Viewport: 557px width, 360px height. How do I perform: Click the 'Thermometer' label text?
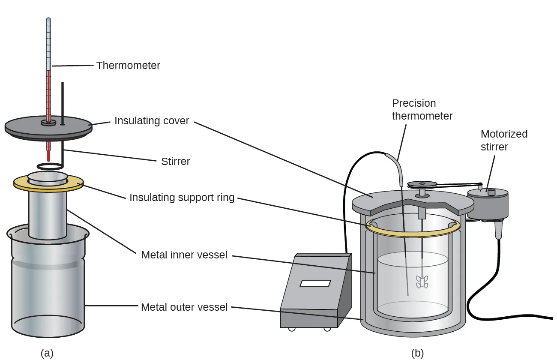[128, 66]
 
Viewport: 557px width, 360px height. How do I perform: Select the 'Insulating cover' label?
[152, 121]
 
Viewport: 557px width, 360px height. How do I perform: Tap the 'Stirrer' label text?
[175, 162]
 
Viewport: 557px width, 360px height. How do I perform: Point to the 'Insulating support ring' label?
[182, 198]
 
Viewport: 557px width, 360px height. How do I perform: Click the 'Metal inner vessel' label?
[184, 255]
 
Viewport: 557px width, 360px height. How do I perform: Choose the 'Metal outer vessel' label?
[184, 307]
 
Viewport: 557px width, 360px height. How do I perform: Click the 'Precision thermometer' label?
[422, 110]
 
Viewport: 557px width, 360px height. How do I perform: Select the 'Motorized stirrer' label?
[504, 140]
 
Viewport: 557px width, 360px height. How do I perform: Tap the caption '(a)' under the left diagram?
[47, 353]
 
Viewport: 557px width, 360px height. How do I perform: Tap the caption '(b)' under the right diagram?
[417, 353]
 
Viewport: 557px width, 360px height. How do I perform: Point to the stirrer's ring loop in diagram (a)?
[49, 166]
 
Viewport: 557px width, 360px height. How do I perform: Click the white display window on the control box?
[315, 283]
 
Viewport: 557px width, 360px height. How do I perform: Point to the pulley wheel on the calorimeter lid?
[422, 185]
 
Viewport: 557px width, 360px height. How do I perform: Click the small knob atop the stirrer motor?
[491, 192]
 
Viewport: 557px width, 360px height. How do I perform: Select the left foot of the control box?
[292, 329]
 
